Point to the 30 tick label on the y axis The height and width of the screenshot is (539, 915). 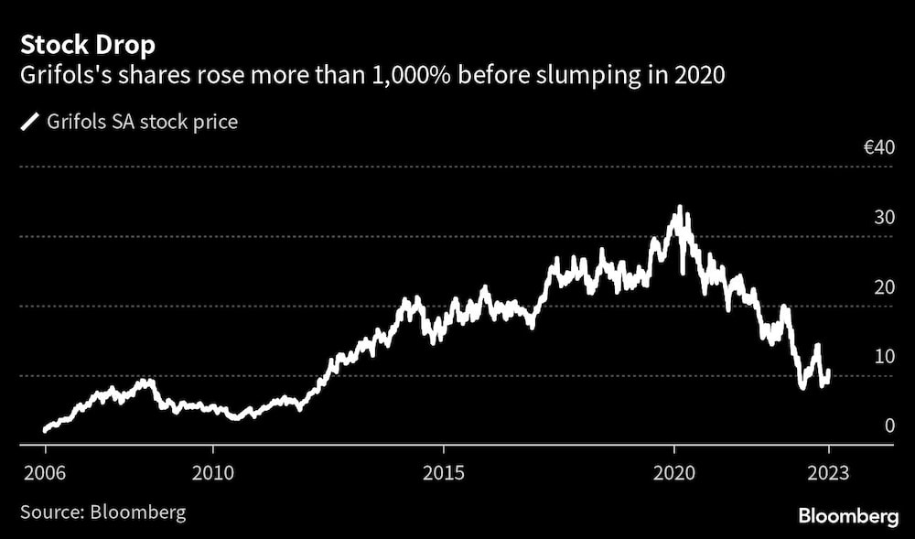(x=883, y=218)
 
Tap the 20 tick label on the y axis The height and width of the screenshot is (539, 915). (x=883, y=287)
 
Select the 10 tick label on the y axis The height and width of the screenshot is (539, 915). (x=883, y=356)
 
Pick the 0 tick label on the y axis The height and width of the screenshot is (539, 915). (x=888, y=426)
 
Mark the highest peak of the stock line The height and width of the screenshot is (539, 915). (x=678, y=209)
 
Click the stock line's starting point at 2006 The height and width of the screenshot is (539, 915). (x=45, y=429)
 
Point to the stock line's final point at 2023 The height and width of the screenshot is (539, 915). (x=829, y=373)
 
